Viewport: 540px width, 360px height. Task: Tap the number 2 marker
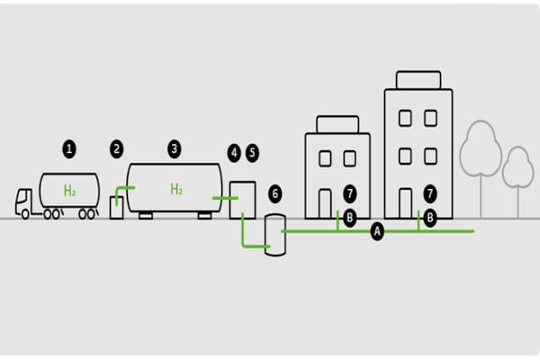[x=116, y=148]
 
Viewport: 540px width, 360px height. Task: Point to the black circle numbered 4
[x=234, y=152]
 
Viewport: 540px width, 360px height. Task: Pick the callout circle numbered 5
[x=251, y=152]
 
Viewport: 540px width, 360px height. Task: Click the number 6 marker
[x=275, y=193]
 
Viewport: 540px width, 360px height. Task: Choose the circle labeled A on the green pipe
[x=377, y=231]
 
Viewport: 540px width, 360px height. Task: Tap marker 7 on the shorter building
[x=351, y=193]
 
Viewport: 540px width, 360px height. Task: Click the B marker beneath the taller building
[x=430, y=218]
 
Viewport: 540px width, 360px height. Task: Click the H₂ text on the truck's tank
[x=69, y=190]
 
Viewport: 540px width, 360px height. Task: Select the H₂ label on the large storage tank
[x=176, y=189]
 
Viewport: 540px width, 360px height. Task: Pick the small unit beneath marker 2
[x=117, y=206]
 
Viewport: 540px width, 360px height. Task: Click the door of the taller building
[x=406, y=202]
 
